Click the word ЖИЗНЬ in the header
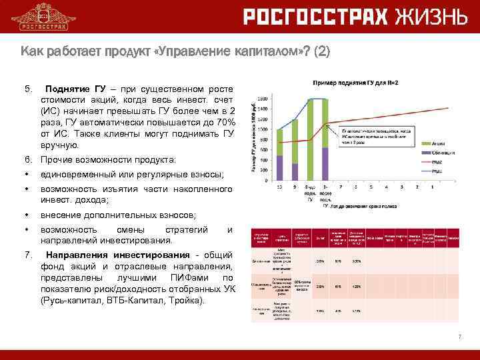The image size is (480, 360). [429, 17]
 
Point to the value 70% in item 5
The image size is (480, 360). [226, 123]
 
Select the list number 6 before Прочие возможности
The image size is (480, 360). [27, 160]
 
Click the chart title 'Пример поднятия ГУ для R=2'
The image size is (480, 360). [357, 81]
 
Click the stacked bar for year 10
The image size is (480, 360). [279, 154]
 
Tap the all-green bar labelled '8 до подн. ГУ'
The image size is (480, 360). [310, 139]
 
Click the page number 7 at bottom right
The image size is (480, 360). [459, 337]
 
